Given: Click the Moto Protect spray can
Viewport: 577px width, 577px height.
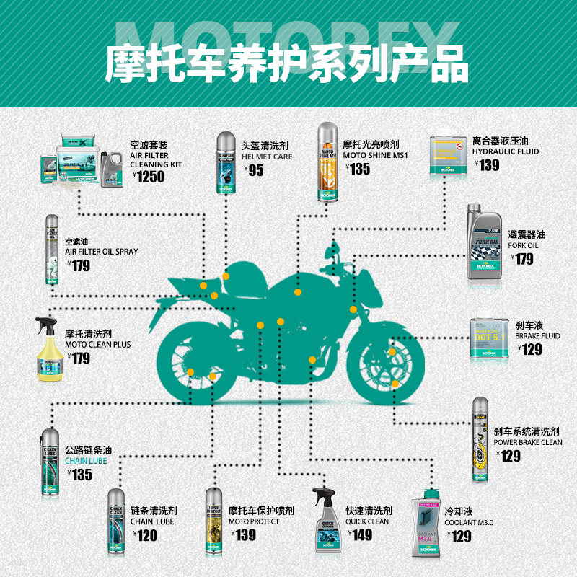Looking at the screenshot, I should tap(215, 522).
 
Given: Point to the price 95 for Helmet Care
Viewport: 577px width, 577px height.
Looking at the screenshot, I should tap(255, 171).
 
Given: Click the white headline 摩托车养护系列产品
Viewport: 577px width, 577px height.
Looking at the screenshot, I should tap(288, 65).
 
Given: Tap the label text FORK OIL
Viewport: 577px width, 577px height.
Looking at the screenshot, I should tap(523, 245).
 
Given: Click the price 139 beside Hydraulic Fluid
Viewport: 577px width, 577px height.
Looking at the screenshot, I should tap(488, 165).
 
